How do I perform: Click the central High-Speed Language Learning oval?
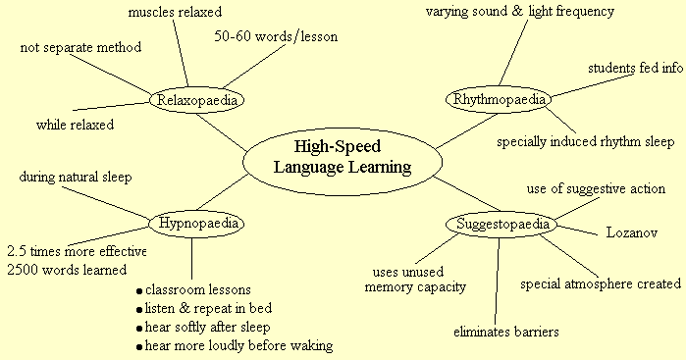pos(340,157)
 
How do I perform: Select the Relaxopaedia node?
pos(196,99)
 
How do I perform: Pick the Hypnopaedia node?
pos(194,224)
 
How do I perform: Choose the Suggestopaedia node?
pos(499,224)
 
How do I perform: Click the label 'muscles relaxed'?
pos(176,13)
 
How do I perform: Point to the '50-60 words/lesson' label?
pos(276,37)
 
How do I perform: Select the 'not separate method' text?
pos(81,47)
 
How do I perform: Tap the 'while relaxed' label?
pos(76,125)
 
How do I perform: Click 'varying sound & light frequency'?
pos(520,12)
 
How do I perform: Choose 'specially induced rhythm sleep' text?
pos(585,141)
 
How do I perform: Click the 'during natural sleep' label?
pos(75,178)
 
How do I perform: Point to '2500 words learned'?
pos(68,269)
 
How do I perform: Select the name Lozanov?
pos(631,234)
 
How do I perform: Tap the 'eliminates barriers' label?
pos(506,332)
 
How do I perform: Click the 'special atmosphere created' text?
pos(600,284)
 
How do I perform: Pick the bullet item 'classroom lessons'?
pos(197,290)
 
